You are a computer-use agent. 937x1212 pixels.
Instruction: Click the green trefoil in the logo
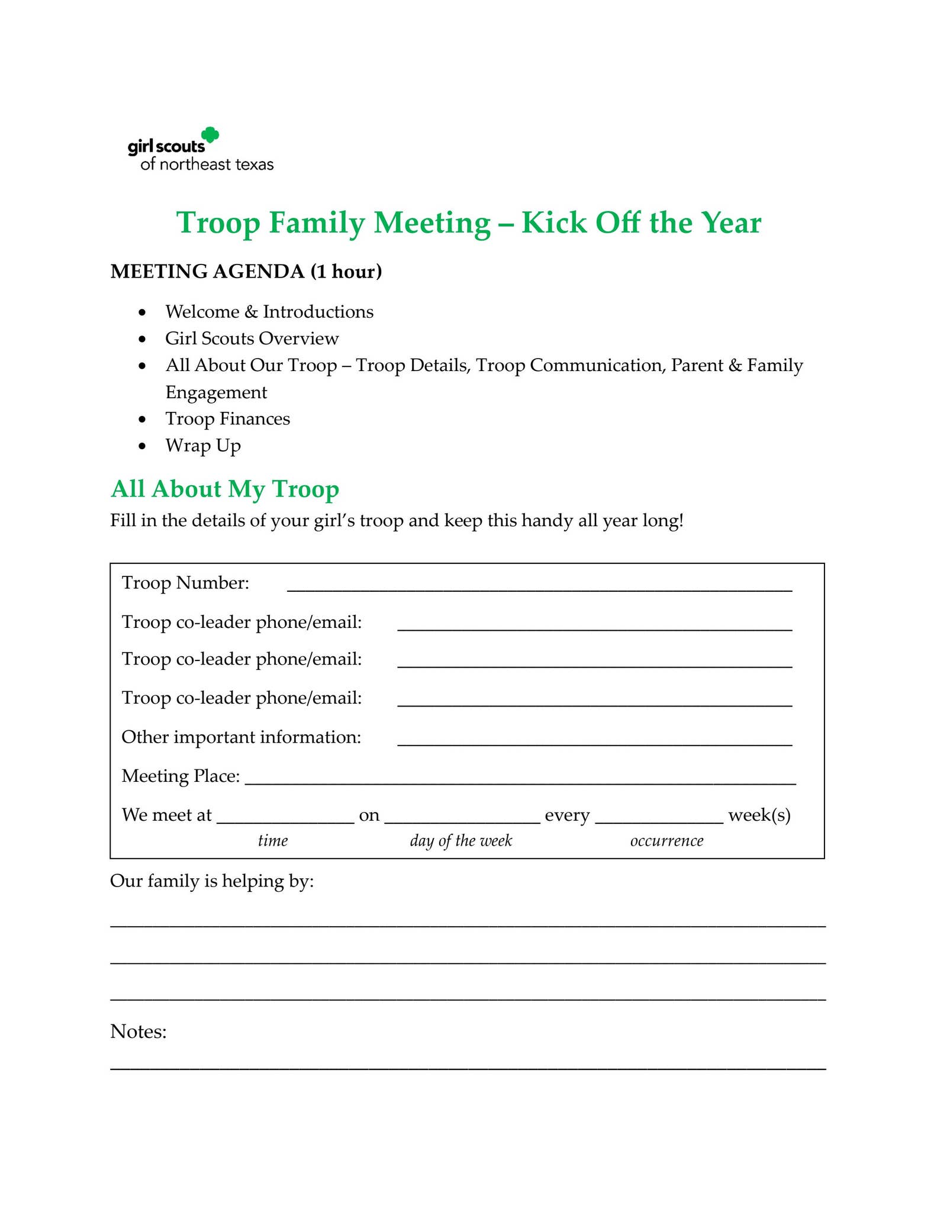[x=210, y=136]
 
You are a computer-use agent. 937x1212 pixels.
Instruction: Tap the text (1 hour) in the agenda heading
[x=346, y=271]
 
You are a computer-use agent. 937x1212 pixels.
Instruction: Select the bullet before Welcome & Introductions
[x=141, y=312]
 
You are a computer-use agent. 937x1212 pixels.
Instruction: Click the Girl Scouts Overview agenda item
[x=252, y=339]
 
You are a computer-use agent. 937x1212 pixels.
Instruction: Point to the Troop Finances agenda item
[x=227, y=419]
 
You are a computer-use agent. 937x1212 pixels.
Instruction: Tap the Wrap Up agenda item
[x=202, y=446]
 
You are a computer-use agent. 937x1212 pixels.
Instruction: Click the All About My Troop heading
[x=225, y=489]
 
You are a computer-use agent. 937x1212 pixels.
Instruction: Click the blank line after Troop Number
[x=539, y=587]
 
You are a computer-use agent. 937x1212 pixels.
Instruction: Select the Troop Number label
[x=185, y=583]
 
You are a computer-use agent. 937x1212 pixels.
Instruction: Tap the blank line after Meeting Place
[x=520, y=780]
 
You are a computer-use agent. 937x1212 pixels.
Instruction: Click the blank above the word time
[x=285, y=819]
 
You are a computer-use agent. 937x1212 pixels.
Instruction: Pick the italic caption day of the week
[x=461, y=841]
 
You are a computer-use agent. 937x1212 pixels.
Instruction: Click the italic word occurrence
[x=666, y=841]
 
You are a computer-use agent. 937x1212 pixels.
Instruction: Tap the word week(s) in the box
[x=759, y=815]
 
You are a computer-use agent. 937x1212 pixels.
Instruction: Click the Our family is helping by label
[x=212, y=881]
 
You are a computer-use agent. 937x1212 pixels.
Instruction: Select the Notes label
[x=139, y=1032]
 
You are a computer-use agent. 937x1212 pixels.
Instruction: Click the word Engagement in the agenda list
[x=216, y=392]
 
